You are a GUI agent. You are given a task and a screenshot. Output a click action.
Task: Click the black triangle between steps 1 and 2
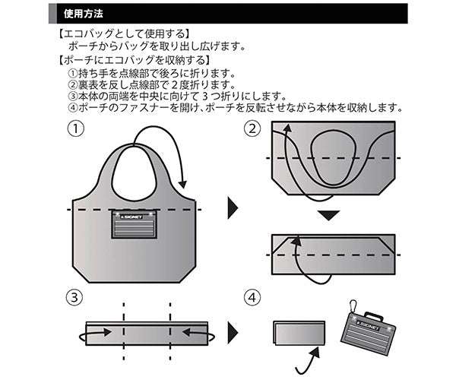[233, 207]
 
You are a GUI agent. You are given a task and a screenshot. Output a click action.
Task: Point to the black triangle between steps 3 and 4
[233, 333]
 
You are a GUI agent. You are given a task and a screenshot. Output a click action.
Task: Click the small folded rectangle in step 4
[297, 334]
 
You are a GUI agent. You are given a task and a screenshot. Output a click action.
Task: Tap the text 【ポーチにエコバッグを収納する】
[135, 60]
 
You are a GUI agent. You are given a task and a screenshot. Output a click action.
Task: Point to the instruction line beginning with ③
[176, 96]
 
